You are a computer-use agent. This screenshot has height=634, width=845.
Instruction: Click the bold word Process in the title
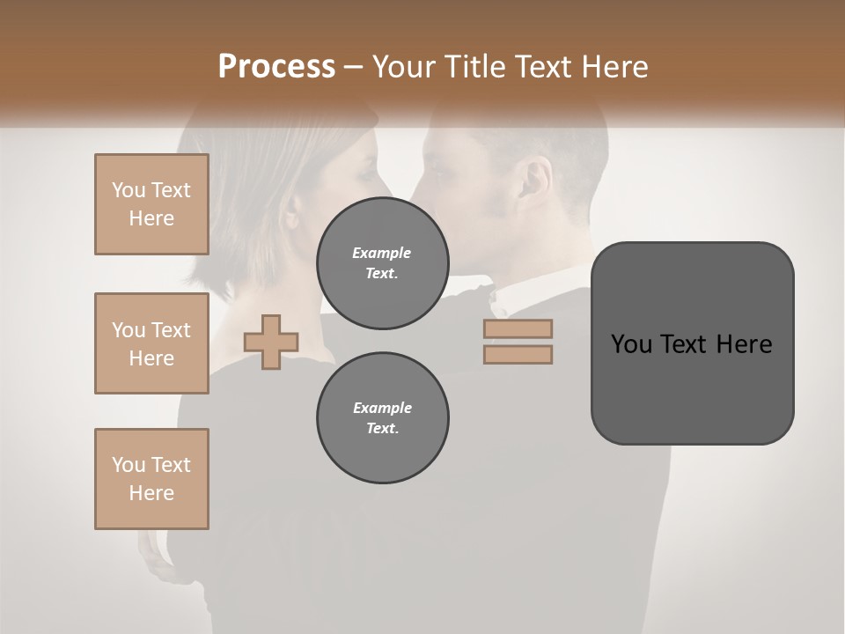tap(276, 67)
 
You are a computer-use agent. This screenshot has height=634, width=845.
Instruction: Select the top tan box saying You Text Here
tap(151, 204)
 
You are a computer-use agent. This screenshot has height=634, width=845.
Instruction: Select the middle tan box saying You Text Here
tap(151, 343)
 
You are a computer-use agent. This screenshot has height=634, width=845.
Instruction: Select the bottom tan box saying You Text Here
tap(151, 479)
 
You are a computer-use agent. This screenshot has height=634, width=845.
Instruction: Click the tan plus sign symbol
tap(271, 342)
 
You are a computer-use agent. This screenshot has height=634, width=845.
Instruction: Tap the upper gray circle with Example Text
tap(382, 263)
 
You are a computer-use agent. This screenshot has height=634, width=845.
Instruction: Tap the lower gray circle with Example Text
tap(382, 418)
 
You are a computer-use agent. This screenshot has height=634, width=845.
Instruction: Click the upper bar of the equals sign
tap(518, 328)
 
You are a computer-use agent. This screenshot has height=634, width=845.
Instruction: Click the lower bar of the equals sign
tap(518, 355)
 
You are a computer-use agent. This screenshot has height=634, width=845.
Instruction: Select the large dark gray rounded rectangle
tap(692, 396)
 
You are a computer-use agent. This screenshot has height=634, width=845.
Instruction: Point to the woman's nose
tap(388, 181)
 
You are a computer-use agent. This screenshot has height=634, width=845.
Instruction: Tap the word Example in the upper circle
tap(382, 253)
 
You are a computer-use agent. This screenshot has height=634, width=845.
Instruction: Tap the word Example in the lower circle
tap(382, 408)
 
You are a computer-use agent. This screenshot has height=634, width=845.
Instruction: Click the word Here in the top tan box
tap(151, 218)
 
